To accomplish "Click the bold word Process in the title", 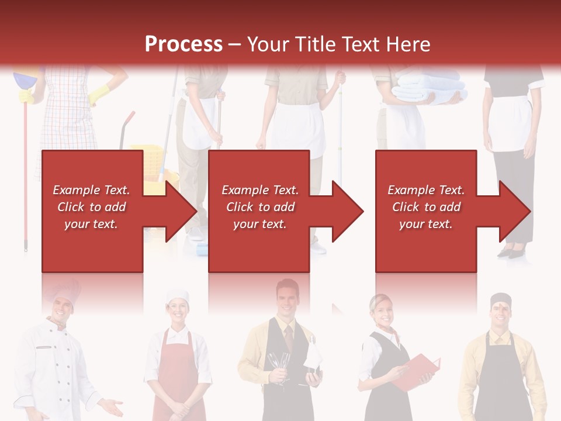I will (183, 44).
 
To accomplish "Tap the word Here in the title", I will (409, 44).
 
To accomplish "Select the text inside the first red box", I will (91, 207).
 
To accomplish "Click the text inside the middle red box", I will (260, 207).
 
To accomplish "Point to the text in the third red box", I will (426, 207).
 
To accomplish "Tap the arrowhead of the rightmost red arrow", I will (515, 211).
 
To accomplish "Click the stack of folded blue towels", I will (430, 88).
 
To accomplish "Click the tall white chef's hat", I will (63, 290).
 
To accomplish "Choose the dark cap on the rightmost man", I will (500, 300).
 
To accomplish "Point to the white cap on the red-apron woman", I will (176, 295).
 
